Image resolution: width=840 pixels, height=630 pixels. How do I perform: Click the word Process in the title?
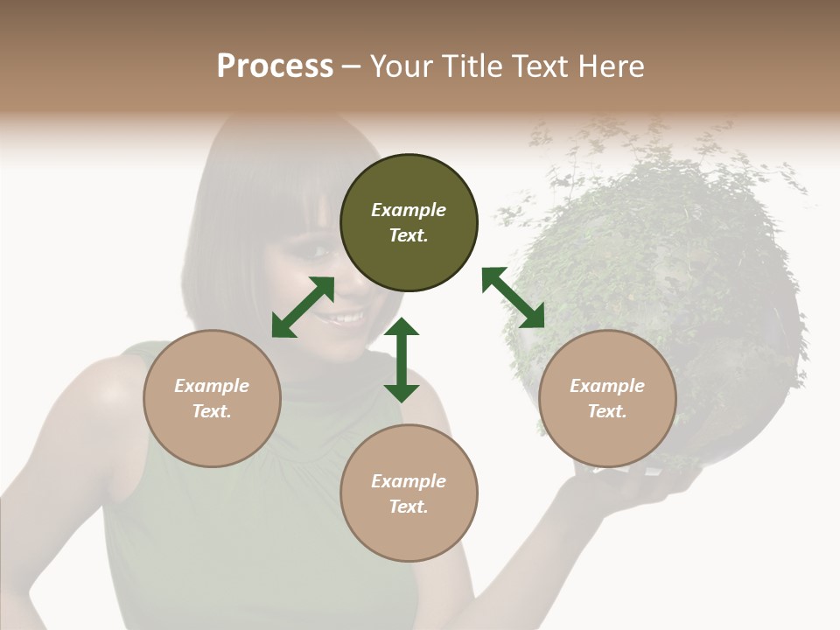tap(275, 66)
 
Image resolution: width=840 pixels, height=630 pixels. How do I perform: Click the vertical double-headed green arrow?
tap(402, 360)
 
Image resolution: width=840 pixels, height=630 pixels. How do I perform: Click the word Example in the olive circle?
tap(409, 210)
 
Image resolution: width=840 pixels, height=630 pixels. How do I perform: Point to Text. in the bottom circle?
tap(409, 507)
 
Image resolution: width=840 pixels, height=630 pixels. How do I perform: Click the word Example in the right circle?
tap(607, 386)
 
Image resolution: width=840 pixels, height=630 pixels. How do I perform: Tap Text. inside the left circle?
tap(212, 411)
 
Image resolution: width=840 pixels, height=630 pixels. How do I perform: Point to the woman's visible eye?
tap(315, 254)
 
